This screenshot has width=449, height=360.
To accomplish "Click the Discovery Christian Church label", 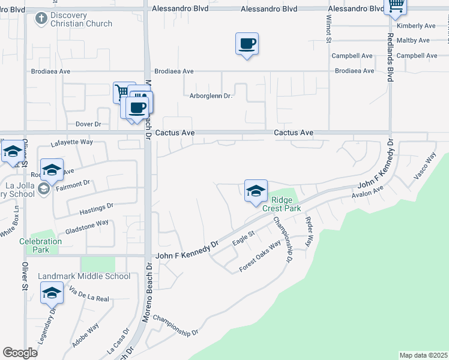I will tap(82, 20).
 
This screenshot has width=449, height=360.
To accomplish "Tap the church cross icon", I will tap(41, 19).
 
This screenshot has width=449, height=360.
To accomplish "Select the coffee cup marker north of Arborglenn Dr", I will tap(247, 44).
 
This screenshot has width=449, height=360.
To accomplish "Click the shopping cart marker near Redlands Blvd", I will tap(395, 7).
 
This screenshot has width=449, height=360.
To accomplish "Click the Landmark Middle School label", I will tap(84, 276).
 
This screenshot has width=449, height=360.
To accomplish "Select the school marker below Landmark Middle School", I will tap(52, 293).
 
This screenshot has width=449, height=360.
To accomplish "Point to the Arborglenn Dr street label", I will tap(210, 95).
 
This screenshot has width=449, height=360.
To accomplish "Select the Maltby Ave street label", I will tap(414, 40).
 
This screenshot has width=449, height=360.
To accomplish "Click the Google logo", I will tap(20, 353).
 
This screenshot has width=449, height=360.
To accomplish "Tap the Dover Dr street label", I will tap(88, 124).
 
